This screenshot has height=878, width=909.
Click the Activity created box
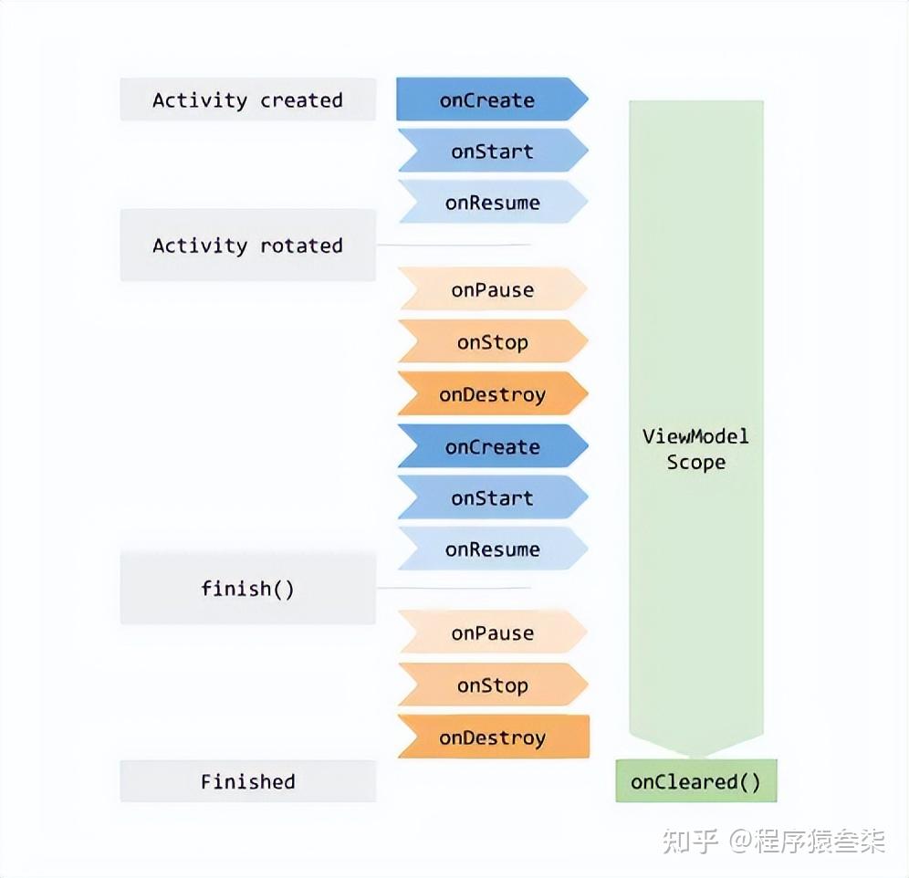(x=248, y=99)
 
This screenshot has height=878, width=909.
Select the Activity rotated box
(x=248, y=246)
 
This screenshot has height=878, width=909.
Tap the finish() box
(x=248, y=589)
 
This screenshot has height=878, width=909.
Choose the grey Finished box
(x=248, y=781)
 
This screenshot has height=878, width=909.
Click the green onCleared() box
(x=695, y=781)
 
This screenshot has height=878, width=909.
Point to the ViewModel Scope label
(x=695, y=449)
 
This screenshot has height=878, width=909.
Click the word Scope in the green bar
(x=695, y=462)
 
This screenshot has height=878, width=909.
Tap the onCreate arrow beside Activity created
(x=492, y=99)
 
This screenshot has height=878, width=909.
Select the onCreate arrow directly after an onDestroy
(x=492, y=446)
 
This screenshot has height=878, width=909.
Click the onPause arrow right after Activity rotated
(x=492, y=288)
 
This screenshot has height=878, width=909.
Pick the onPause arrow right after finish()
(x=492, y=632)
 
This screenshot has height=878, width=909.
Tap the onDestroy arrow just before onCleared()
(x=494, y=737)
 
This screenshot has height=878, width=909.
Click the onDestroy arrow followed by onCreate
(x=492, y=393)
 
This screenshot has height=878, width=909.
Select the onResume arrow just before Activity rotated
(x=492, y=202)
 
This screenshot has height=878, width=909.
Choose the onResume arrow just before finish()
(x=492, y=549)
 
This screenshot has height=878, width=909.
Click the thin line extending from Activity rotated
(x=454, y=245)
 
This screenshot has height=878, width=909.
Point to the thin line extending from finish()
(x=454, y=588)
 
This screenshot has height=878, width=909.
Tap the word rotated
(x=301, y=246)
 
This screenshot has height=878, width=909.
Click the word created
(x=301, y=100)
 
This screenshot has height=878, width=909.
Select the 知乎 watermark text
(x=691, y=841)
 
